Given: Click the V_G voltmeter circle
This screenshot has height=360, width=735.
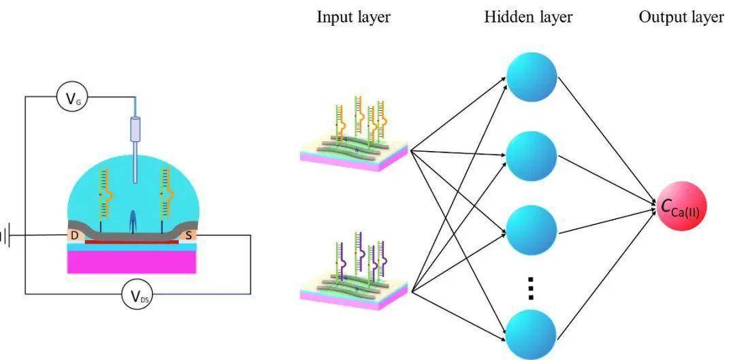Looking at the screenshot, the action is (71, 97).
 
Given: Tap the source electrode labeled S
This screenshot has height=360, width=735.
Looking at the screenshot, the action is (189, 234).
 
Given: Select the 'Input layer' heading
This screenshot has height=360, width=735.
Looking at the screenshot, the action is (353, 17).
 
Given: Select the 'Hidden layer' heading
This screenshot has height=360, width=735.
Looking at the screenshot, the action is (528, 17).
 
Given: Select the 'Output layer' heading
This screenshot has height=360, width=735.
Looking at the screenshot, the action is (681, 17).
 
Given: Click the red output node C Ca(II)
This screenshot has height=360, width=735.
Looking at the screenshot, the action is (681, 206).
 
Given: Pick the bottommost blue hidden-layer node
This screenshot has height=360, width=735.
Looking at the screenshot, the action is (532, 334).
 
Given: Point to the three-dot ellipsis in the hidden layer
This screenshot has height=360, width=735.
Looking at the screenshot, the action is (531, 288).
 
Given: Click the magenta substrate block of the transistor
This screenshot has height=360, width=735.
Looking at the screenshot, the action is (132, 261).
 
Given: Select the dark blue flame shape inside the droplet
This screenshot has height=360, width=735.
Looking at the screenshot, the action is (133, 220).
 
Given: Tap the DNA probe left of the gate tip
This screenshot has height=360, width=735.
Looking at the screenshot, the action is (105, 200).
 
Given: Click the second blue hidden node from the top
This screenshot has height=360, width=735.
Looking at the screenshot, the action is (532, 155).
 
